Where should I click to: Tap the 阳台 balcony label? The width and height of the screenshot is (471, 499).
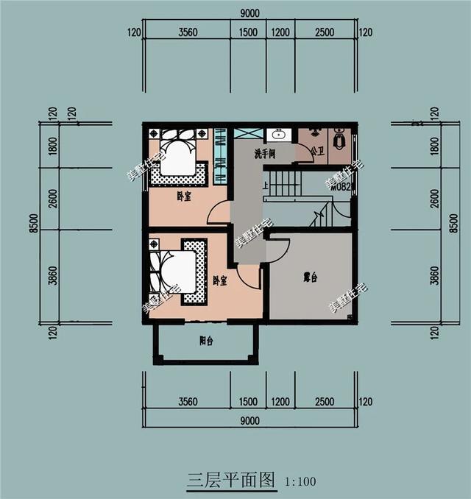(x=207, y=340)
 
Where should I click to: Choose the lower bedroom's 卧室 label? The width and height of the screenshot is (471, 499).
(x=219, y=280)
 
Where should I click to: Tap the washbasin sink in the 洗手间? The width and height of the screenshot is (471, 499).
(x=279, y=135)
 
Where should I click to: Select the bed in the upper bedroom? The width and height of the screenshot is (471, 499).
(x=177, y=156)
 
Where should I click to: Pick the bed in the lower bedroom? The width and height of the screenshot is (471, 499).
(x=175, y=273)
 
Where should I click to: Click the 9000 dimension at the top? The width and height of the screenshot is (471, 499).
(x=249, y=13)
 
